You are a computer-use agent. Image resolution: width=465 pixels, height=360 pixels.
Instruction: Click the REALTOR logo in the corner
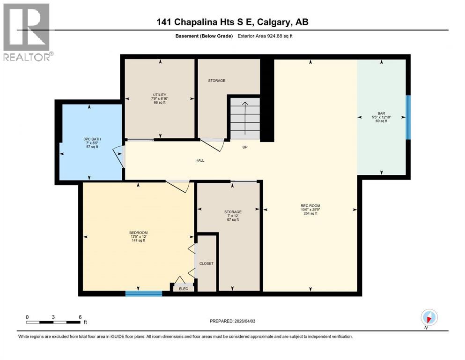[27, 32]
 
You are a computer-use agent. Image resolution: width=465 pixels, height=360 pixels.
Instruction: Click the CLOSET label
[206, 263]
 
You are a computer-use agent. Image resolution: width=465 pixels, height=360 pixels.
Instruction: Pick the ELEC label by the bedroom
[184, 289]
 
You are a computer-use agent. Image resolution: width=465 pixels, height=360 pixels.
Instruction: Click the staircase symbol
[244, 118]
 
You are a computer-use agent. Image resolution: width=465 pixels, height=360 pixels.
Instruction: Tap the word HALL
[200, 160]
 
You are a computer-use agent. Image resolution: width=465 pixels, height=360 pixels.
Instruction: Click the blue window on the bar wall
[408, 117]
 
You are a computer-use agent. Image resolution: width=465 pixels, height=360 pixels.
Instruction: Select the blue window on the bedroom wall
[143, 293]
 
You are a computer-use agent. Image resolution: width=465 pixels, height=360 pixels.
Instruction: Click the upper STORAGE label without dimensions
[217, 81]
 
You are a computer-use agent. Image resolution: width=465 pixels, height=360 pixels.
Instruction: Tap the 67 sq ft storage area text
[233, 219]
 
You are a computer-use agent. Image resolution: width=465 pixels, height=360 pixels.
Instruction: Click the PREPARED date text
[233, 321]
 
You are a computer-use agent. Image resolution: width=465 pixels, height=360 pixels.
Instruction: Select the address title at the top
[233, 22]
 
